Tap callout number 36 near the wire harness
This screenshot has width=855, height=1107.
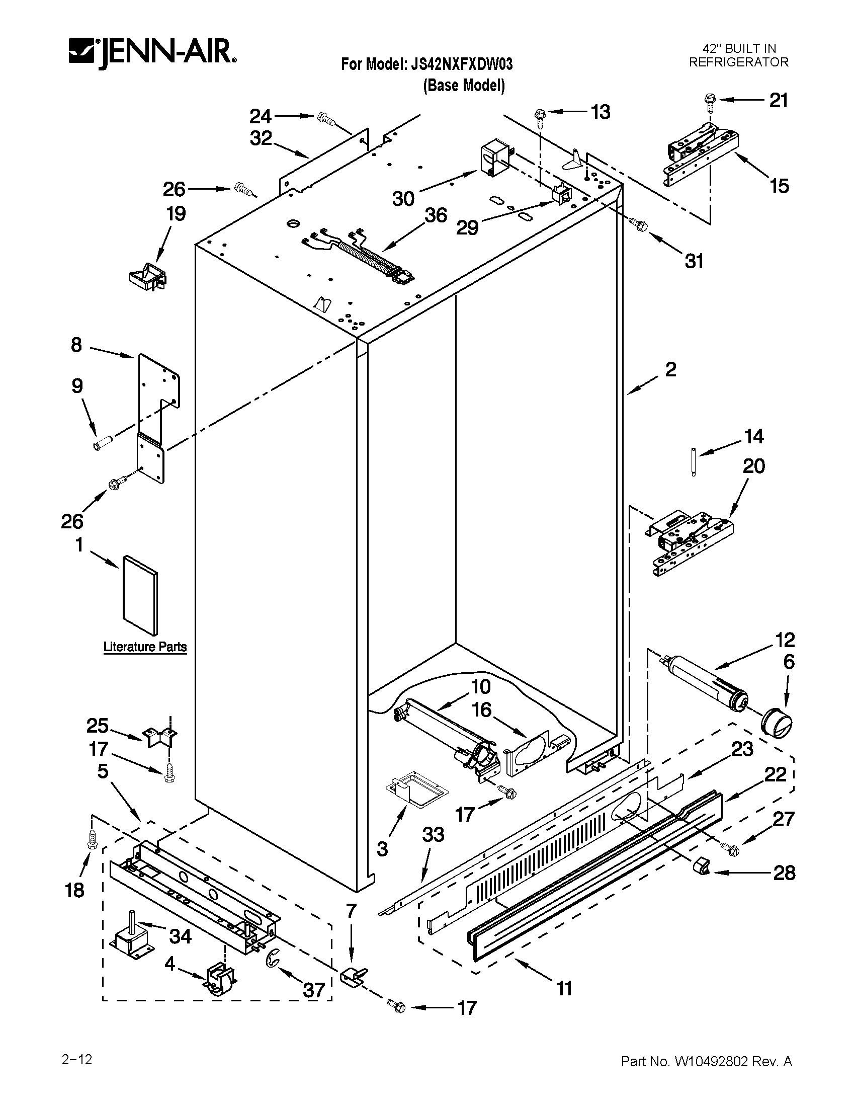click(436, 215)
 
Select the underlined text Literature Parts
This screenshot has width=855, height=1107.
click(145, 647)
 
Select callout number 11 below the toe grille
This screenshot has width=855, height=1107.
click(564, 988)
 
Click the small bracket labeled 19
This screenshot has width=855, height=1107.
click(148, 277)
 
